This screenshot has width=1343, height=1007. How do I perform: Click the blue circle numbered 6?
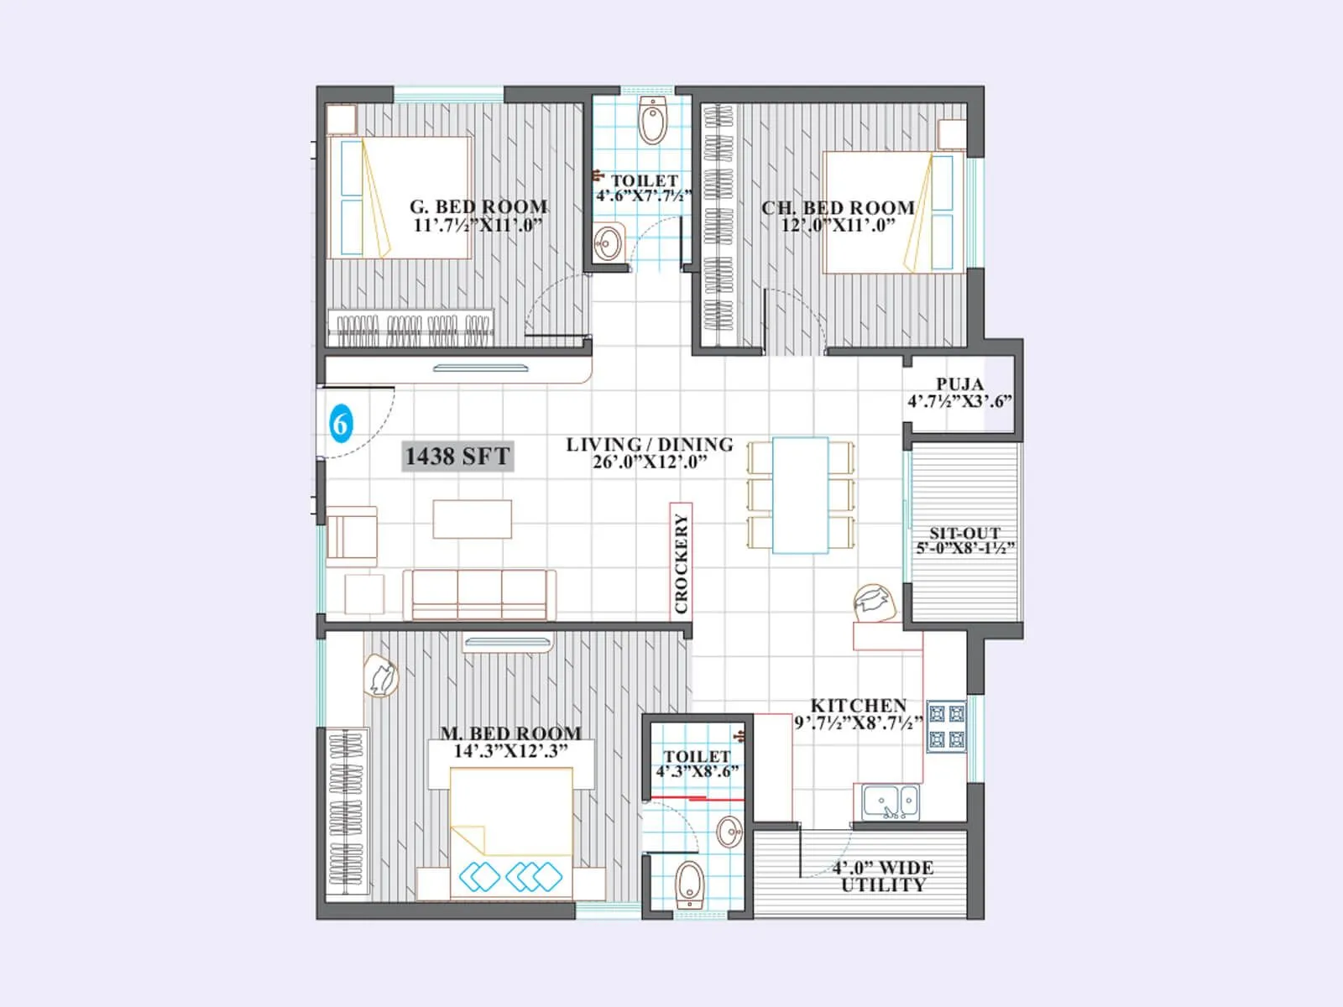click(340, 424)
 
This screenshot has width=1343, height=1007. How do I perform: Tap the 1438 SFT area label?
click(457, 457)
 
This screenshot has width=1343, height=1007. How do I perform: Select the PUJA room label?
click(960, 384)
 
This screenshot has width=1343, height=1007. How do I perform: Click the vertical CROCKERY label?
click(681, 563)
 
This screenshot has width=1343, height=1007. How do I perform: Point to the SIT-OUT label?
click(964, 533)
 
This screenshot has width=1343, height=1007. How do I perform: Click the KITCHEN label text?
click(858, 706)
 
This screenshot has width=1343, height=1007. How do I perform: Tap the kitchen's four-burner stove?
click(947, 727)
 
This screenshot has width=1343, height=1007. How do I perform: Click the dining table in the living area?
click(800, 495)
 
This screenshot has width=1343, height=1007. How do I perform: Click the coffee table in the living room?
click(472, 519)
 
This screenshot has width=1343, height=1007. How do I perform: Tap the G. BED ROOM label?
click(478, 206)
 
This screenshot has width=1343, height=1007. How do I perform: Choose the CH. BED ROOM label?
click(838, 207)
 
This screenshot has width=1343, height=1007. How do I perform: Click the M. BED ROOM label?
click(510, 733)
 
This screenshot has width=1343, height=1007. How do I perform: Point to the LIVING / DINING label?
click(649, 444)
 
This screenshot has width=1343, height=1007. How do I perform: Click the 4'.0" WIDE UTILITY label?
click(883, 876)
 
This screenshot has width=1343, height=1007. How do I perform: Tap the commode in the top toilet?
click(652, 121)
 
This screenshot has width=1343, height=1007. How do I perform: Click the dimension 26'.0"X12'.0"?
click(649, 462)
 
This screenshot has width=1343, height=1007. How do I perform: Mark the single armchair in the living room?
click(352, 535)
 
